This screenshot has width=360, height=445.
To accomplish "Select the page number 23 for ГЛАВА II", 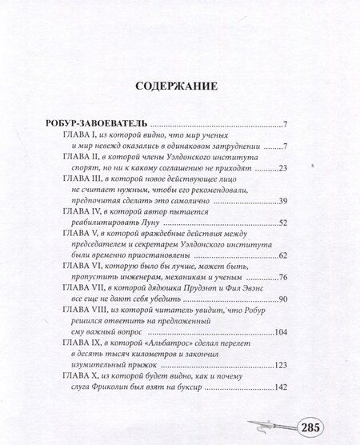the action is coord(282,169).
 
